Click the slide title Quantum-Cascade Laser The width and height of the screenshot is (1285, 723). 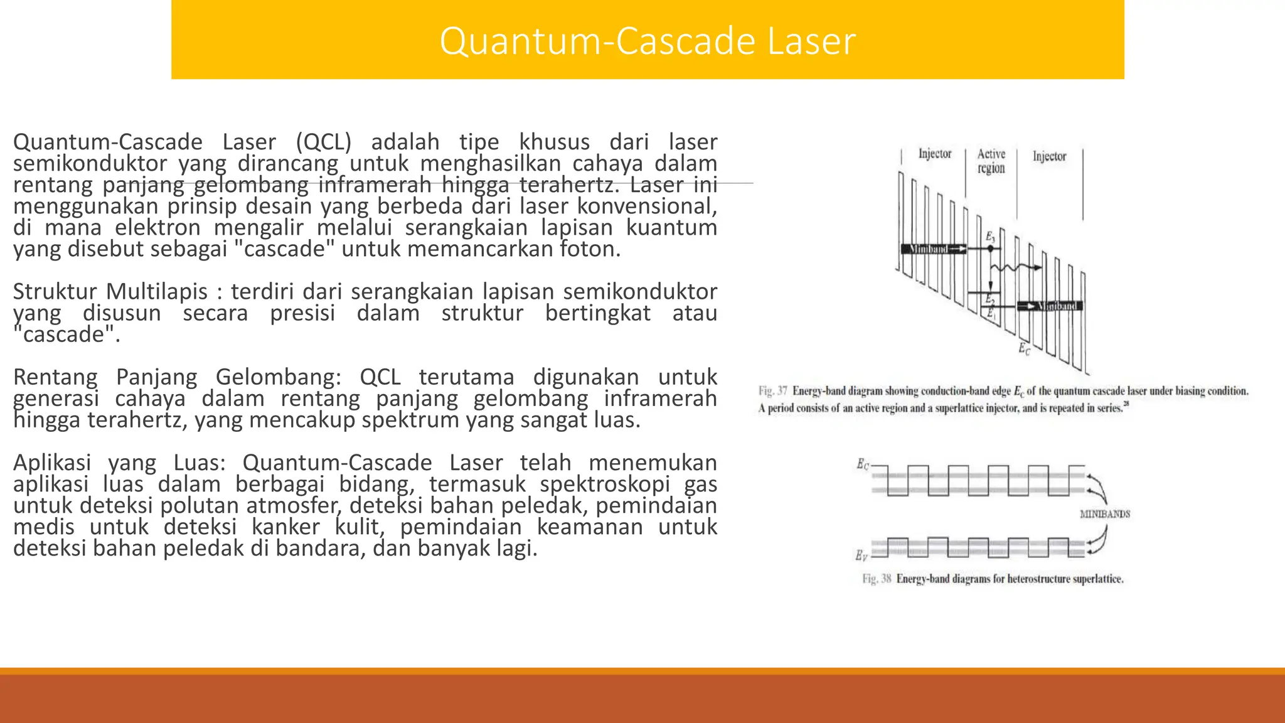(x=648, y=41)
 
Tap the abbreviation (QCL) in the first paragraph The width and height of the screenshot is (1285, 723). (x=323, y=142)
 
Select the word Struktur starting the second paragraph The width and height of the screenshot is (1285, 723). (x=55, y=292)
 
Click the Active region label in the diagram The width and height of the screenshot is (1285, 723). (x=991, y=161)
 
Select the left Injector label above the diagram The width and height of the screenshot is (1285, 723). (x=935, y=154)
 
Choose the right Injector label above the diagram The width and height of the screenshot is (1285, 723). (x=1049, y=156)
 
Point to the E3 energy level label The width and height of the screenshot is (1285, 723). (x=990, y=237)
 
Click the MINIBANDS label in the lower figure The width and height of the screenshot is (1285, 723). (x=1104, y=514)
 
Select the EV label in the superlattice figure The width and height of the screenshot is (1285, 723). (x=861, y=555)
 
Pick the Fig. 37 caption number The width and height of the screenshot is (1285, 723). (x=772, y=391)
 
